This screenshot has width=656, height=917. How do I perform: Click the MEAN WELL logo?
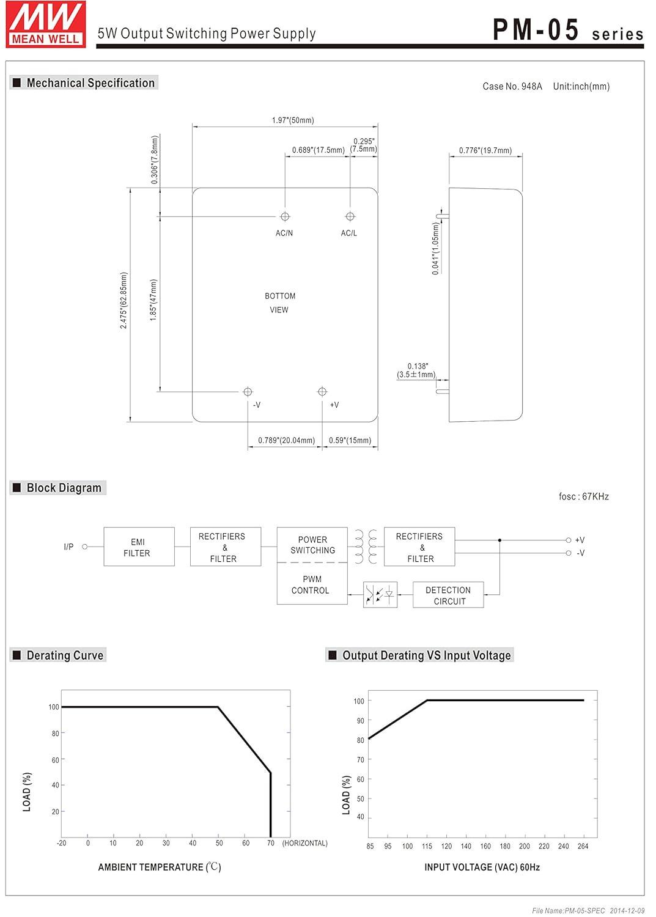(46, 24)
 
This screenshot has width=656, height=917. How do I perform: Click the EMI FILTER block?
(139, 547)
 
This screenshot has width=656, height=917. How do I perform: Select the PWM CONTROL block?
(312, 584)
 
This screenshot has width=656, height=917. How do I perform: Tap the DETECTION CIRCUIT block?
(448, 595)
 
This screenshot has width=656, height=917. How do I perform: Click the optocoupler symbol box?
(380, 594)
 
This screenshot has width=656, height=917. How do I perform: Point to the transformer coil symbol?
(366, 547)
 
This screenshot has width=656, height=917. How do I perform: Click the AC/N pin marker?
(285, 216)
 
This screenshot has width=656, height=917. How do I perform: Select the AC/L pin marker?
(350, 216)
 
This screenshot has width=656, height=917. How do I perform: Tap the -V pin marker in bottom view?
(248, 392)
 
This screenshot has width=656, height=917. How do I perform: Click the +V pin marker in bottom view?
(322, 392)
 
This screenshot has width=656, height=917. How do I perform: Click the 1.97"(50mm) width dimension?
(293, 120)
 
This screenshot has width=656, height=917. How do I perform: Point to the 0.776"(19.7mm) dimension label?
(485, 150)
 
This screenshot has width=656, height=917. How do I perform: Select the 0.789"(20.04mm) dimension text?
(286, 441)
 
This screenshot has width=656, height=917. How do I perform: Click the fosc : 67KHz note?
(583, 496)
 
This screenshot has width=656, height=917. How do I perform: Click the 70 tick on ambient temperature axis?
(271, 843)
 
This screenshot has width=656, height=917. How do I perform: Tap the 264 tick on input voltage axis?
(583, 845)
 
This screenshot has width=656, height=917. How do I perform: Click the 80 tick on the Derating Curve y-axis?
(55, 733)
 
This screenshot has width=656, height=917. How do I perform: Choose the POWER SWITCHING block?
(312, 545)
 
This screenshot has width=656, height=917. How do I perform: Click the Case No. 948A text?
(512, 86)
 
